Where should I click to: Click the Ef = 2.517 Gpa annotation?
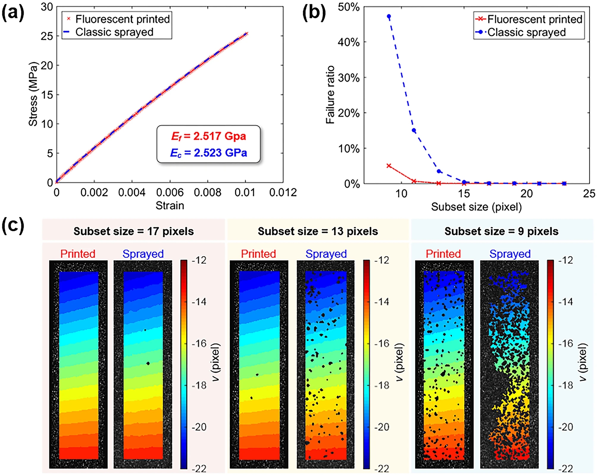point(208,136)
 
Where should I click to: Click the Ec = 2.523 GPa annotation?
point(208,153)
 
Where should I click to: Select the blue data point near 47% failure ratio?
point(389,16)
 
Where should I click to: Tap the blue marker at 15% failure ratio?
point(414,131)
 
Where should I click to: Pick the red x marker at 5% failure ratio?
point(389,166)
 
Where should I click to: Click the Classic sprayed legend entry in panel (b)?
point(526,32)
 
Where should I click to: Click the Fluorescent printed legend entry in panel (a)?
point(122,19)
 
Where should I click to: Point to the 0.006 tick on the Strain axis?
point(170,193)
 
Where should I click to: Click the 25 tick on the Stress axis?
point(47,36)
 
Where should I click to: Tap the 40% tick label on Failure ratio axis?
point(348,42)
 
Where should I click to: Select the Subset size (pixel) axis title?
point(476,207)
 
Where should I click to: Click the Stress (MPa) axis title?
point(33,94)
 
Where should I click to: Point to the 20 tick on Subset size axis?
point(526,194)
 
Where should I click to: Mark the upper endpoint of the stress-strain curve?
point(246,34)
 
